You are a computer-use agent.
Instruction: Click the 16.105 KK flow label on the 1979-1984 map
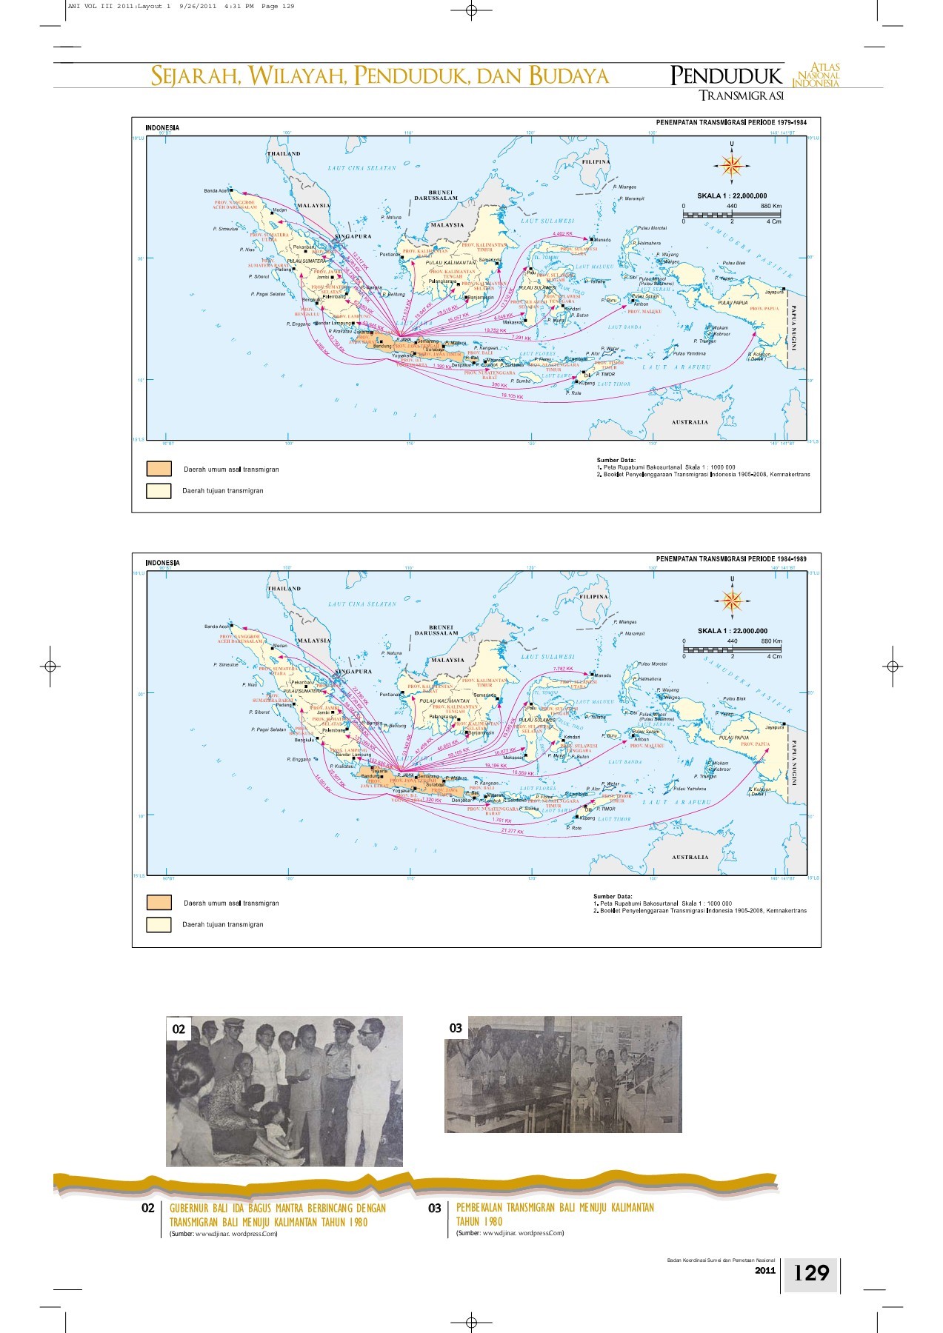point(512,397)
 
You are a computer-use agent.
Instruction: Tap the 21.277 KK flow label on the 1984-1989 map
point(512,832)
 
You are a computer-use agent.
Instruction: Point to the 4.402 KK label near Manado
point(563,234)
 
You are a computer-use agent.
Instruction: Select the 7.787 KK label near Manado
point(563,669)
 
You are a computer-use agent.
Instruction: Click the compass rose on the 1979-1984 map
point(732,166)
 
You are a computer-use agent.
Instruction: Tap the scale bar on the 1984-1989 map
point(732,649)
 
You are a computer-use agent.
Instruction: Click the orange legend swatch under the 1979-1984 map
point(159,469)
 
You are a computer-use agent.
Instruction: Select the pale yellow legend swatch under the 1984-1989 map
point(159,924)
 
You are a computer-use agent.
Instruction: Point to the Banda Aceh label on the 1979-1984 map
point(216,191)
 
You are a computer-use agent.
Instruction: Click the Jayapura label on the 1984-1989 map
point(774,728)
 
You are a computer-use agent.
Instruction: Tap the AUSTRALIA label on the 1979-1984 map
point(690,422)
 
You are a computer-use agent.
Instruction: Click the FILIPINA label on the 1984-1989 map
point(595,596)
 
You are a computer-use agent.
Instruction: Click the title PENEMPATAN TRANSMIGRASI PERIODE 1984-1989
point(731,559)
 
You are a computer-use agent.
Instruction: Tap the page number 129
point(811,1272)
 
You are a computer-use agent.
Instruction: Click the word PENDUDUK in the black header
point(726,76)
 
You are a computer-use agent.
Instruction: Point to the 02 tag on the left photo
point(179,1029)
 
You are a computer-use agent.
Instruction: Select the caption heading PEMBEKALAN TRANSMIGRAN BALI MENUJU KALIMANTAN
point(555,1208)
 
